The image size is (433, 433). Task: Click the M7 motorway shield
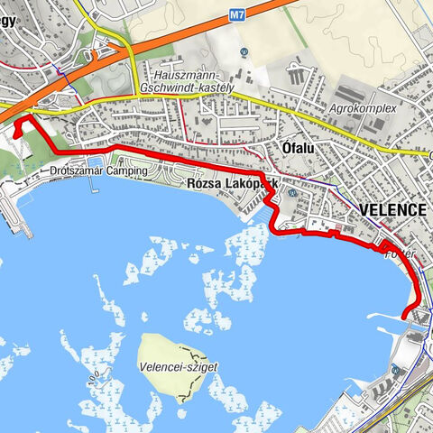click(237, 14)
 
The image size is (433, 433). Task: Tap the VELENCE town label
click(392, 209)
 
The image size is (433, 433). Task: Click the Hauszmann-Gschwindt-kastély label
click(193, 81)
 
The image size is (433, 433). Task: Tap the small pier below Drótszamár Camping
click(93, 189)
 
